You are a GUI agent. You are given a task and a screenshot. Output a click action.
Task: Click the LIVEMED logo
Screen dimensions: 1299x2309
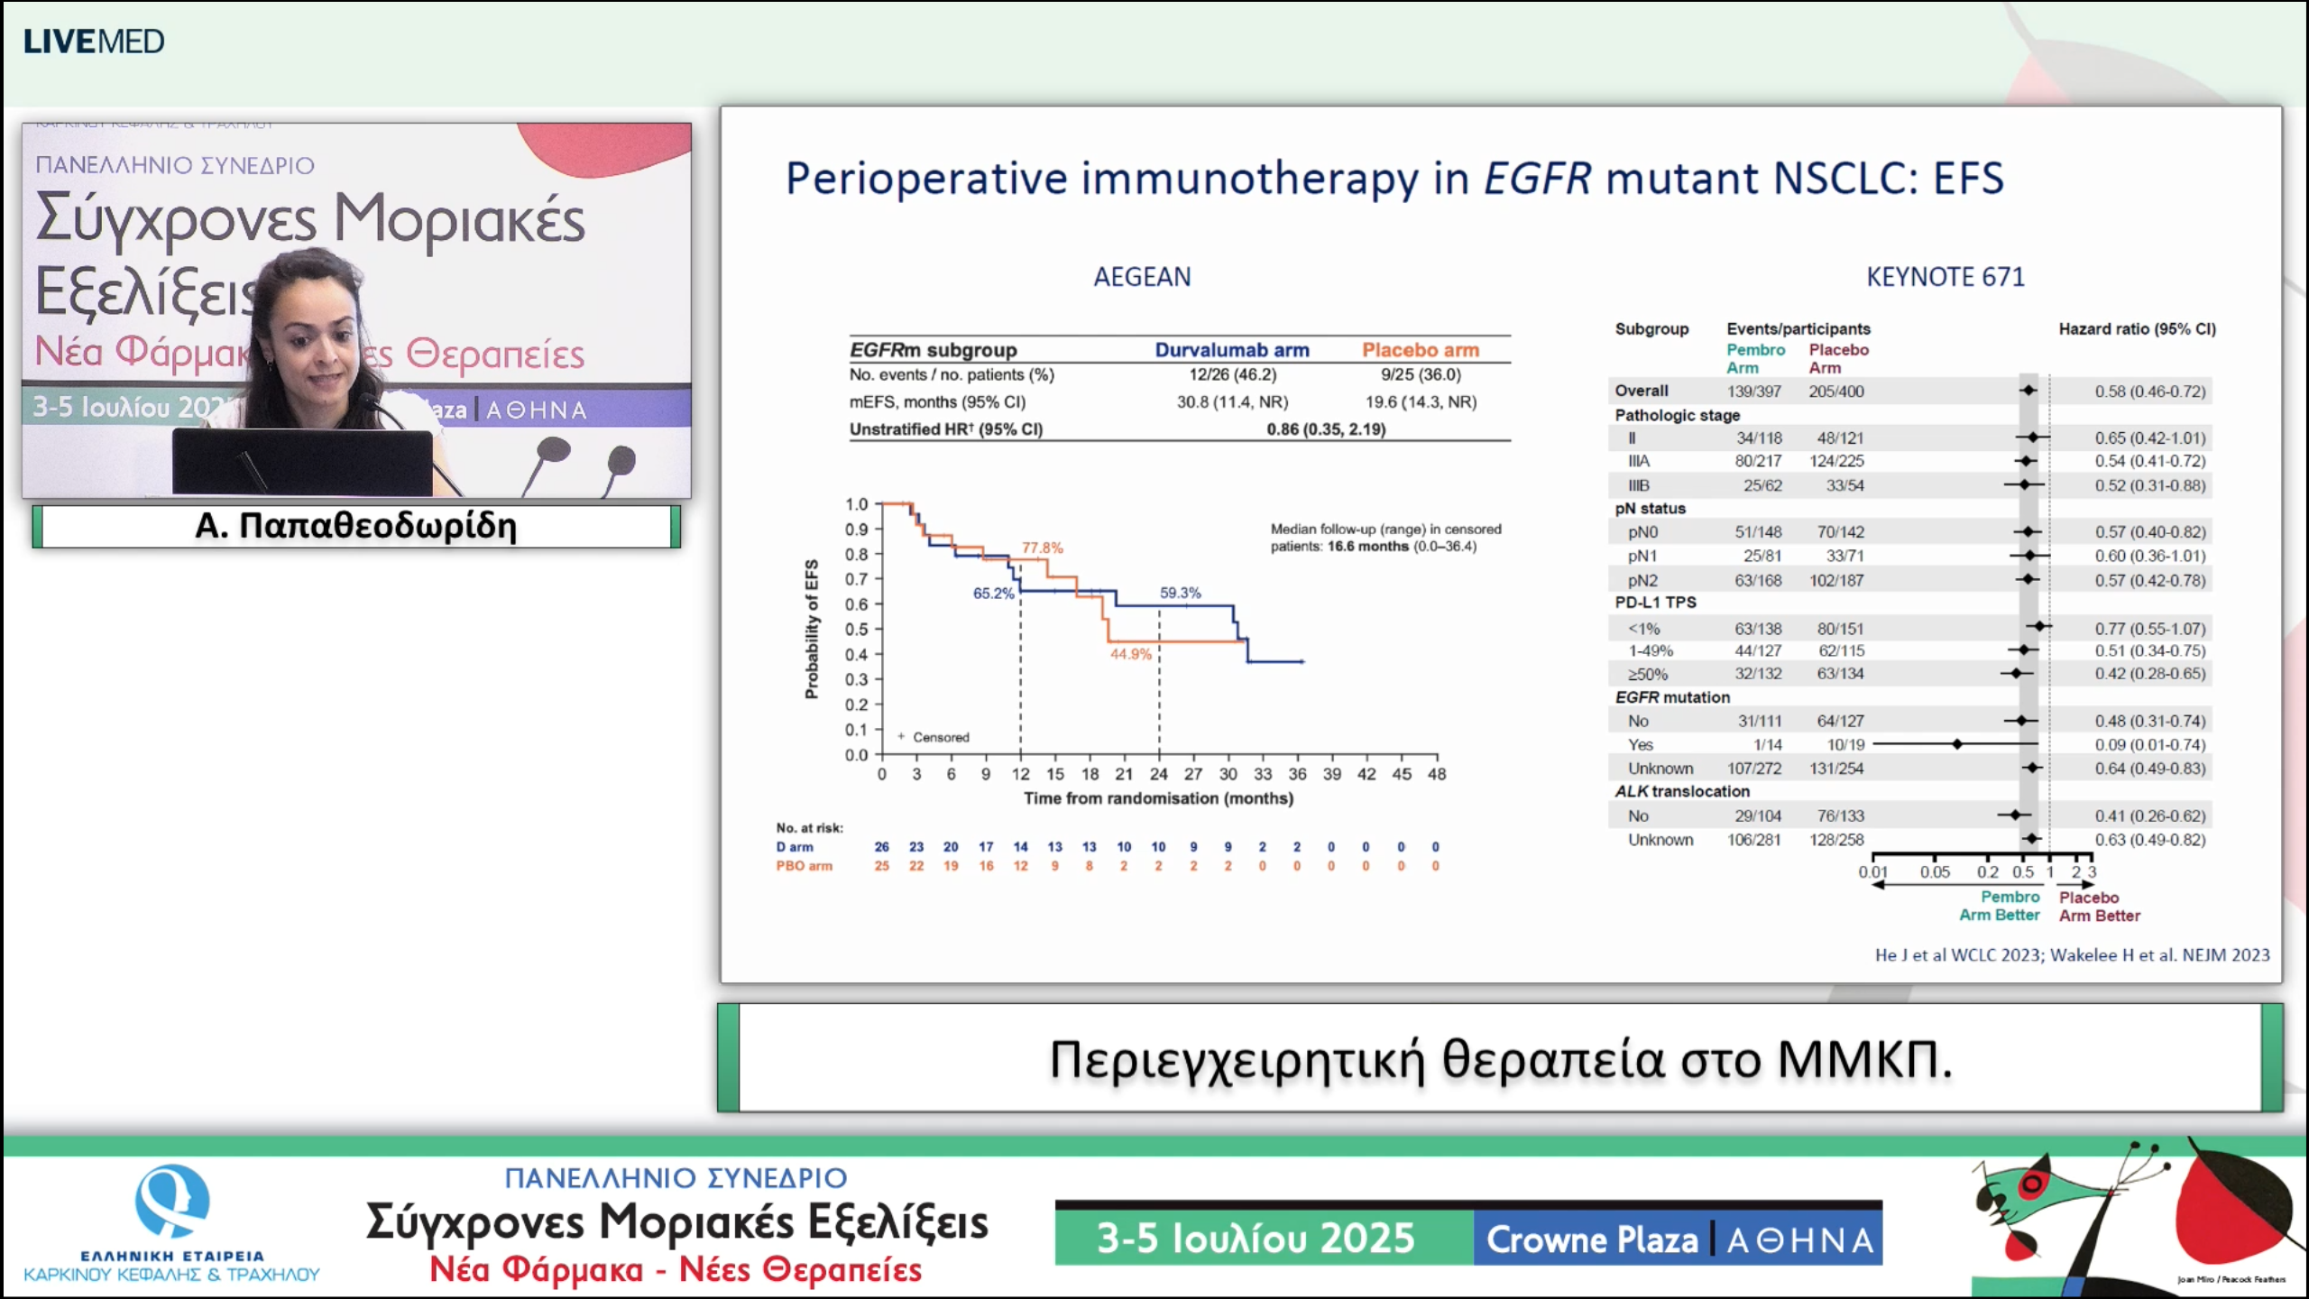point(94,41)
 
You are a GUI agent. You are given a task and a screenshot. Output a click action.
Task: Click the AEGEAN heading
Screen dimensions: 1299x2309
point(1142,277)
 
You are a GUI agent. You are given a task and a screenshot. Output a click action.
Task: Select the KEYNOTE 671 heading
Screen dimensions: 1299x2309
point(1945,277)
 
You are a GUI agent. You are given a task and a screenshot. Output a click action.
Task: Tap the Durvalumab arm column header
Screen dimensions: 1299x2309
point(1231,350)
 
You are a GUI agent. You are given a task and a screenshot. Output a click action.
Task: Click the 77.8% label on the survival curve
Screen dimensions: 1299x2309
point(1042,548)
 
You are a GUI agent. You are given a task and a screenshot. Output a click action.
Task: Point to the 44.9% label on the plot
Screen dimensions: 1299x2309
point(1130,654)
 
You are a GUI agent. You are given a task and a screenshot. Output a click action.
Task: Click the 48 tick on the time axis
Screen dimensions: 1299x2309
point(1436,774)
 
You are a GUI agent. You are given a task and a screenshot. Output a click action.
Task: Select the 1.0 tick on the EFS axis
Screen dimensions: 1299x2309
point(856,504)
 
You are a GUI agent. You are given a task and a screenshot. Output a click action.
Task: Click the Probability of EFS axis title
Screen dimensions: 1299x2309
point(812,629)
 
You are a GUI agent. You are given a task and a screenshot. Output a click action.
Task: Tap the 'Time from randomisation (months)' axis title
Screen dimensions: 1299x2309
point(1158,798)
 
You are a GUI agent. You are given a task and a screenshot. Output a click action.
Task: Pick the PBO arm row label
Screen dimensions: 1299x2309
point(804,866)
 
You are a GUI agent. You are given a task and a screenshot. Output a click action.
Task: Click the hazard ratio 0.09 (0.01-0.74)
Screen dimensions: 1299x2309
point(2149,745)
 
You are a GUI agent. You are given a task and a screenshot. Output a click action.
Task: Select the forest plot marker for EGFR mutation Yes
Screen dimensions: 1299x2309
point(1956,744)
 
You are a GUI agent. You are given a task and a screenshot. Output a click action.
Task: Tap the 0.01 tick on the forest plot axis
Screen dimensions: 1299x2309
point(1872,872)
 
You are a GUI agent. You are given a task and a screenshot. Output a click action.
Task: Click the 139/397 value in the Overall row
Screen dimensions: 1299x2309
point(1753,392)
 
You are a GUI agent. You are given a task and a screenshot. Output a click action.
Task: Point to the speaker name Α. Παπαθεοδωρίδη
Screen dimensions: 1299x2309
point(355,526)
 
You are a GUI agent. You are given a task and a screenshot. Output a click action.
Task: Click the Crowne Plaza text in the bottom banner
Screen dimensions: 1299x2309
point(1592,1239)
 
